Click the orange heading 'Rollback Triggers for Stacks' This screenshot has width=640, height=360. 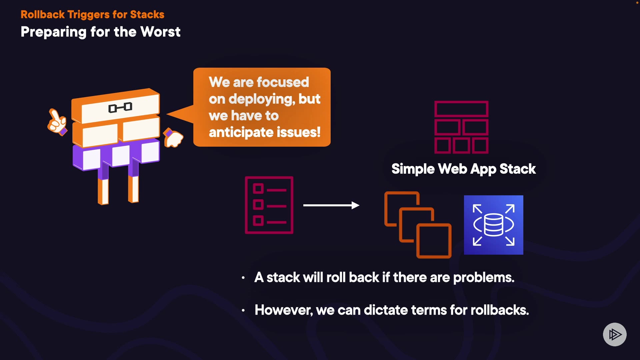92,15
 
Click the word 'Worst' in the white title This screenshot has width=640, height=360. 160,32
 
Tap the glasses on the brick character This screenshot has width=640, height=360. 120,108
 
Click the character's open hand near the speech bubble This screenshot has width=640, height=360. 174,138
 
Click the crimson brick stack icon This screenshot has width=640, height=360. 461,127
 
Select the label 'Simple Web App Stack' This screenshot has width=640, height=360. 463,169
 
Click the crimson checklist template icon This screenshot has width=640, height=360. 269,205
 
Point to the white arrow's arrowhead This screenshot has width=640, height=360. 355,205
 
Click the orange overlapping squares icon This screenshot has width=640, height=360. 418,225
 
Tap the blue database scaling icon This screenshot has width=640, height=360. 493,225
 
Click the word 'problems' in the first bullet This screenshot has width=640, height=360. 483,278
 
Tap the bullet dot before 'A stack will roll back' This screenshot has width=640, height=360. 243,278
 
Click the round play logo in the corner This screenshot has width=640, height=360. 614,334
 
